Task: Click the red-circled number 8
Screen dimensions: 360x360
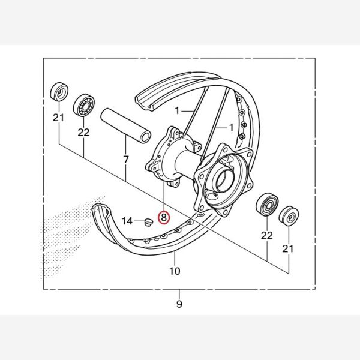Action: click(164, 217)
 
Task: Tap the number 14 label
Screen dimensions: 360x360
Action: click(127, 221)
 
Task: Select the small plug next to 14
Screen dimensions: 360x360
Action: click(148, 222)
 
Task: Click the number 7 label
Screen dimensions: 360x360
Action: click(126, 160)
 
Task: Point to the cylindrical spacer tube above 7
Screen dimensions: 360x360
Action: click(126, 125)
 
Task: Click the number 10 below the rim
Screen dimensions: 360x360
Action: click(175, 271)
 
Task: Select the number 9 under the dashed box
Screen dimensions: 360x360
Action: click(179, 304)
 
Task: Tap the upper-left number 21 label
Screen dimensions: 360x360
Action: click(58, 118)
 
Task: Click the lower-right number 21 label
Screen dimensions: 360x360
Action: click(288, 248)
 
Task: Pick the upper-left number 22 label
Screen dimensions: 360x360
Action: click(83, 133)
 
